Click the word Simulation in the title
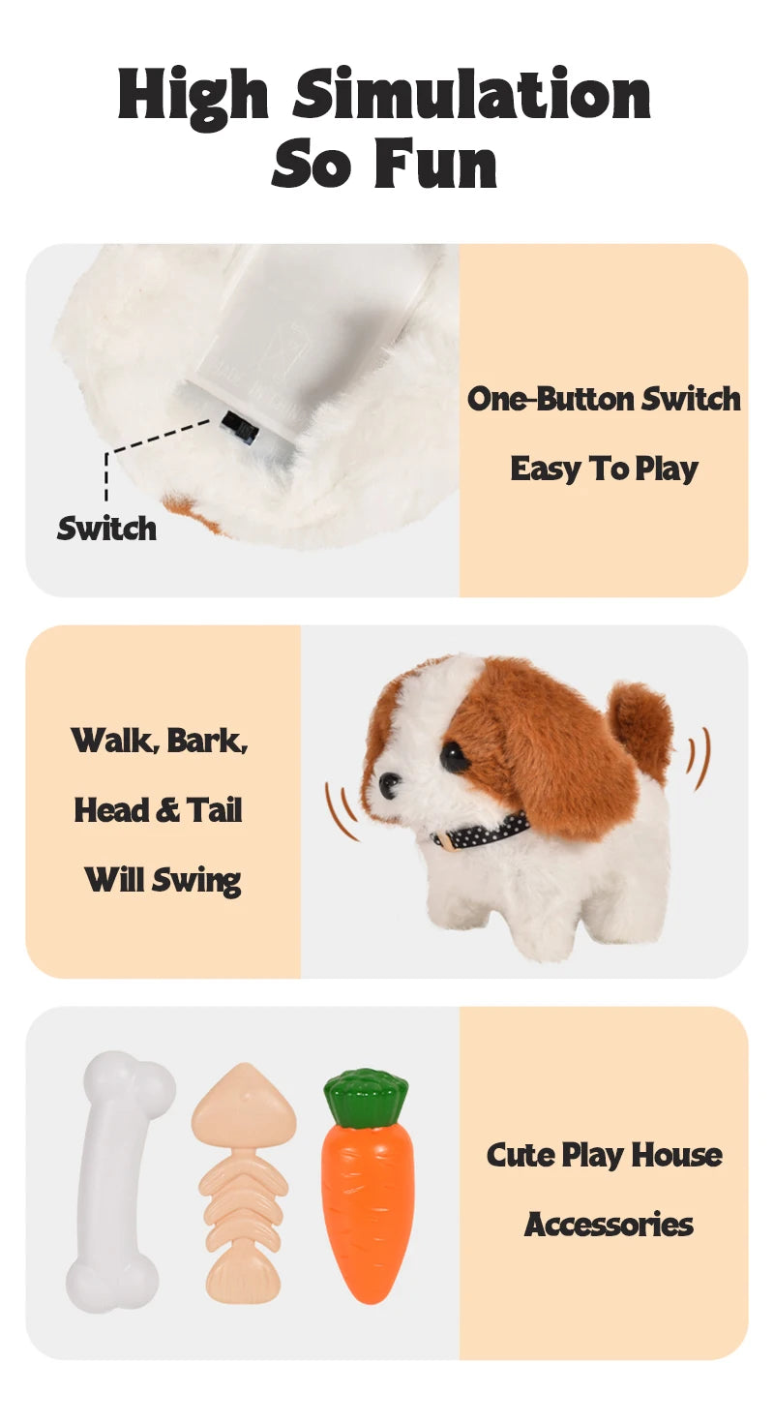(x=471, y=94)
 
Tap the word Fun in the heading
(x=436, y=164)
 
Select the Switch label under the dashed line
(x=106, y=529)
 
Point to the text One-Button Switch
(x=604, y=399)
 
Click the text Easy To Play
(x=604, y=470)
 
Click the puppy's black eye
(x=454, y=754)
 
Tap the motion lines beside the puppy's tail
(x=698, y=758)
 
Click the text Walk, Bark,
(x=159, y=741)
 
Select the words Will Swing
(x=163, y=881)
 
